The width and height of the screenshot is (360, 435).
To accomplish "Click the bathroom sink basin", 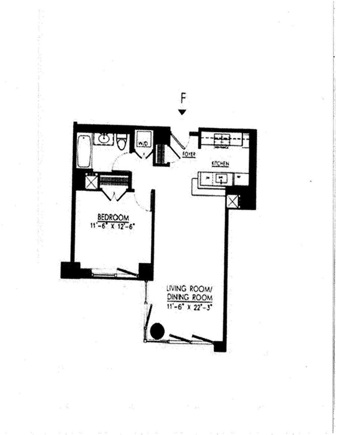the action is pos(103,138).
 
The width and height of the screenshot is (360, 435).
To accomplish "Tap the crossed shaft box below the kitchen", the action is pos(232,201).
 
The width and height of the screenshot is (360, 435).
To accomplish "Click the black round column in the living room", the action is pos(157,331).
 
